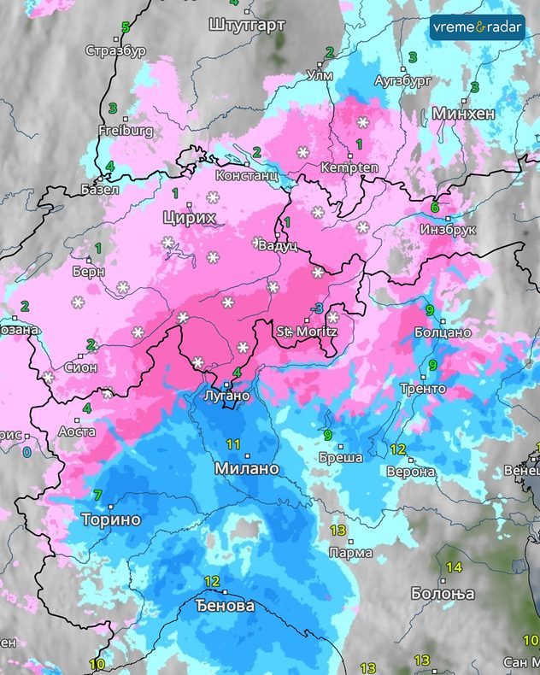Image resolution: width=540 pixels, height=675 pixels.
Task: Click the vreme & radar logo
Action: point(477,27)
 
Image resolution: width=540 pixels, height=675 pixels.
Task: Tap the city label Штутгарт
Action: point(246,25)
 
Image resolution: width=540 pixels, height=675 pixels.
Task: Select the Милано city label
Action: point(247,469)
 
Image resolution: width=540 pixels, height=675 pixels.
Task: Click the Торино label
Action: point(110,519)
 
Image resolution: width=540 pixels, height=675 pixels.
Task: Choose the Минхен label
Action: point(464,114)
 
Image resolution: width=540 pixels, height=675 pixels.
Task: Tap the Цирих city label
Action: point(189,219)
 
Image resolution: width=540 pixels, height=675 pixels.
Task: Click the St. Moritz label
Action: point(307,331)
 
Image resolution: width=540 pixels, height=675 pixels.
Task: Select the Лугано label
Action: point(227,396)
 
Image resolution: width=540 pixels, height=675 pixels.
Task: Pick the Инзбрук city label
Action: point(446,230)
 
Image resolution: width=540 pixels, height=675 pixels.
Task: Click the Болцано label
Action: point(442,332)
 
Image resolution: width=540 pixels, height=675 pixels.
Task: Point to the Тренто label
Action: point(422,389)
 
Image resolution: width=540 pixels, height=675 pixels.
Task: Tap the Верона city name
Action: point(405,472)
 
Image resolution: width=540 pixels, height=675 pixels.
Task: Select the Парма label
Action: point(350,553)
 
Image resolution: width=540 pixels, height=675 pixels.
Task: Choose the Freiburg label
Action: point(126,131)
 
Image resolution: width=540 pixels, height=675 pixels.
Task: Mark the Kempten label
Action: point(349,167)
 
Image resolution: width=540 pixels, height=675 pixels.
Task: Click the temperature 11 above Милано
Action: point(234,444)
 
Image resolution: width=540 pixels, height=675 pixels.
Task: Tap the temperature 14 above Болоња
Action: point(453,567)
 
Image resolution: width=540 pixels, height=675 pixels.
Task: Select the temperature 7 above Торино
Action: point(97,496)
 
